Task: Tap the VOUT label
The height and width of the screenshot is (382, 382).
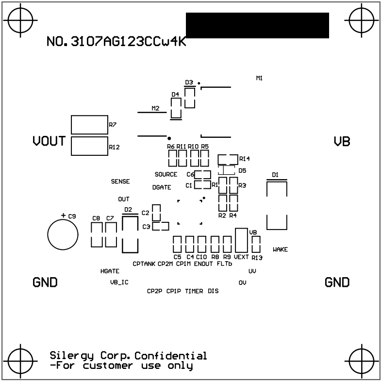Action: click(49, 141)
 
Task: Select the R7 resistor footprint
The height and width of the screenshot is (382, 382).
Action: click(89, 125)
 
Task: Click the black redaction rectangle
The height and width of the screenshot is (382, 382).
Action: click(257, 25)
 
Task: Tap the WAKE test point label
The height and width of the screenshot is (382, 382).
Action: click(280, 249)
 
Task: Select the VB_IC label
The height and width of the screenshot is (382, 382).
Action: click(119, 282)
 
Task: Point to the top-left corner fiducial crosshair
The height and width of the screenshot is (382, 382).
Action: click(21, 21)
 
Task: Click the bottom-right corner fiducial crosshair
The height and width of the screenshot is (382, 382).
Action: click(361, 361)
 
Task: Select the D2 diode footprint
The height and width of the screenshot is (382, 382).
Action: click(130, 234)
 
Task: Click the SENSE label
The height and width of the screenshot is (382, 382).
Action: click(120, 182)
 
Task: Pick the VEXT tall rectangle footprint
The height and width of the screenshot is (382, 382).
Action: click(241, 240)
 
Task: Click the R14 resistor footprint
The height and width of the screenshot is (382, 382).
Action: click(228, 159)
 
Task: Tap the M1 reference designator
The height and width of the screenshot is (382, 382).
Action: click(259, 78)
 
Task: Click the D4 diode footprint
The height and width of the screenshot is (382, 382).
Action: click(176, 108)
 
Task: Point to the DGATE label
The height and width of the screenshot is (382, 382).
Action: click(162, 187)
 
